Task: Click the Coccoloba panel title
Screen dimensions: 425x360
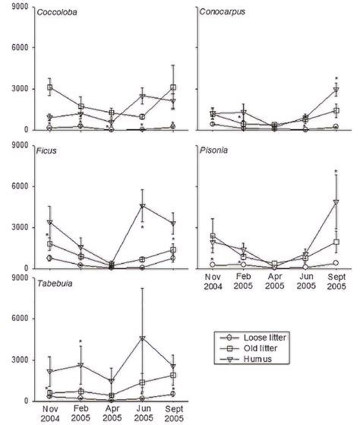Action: (x=63, y=13)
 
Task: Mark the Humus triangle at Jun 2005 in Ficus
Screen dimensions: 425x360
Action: (x=141, y=206)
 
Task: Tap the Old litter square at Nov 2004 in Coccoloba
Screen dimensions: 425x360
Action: (x=50, y=87)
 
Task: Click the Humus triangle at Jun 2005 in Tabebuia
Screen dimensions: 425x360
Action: (x=141, y=338)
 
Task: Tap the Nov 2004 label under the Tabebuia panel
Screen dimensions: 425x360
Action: (x=50, y=414)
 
